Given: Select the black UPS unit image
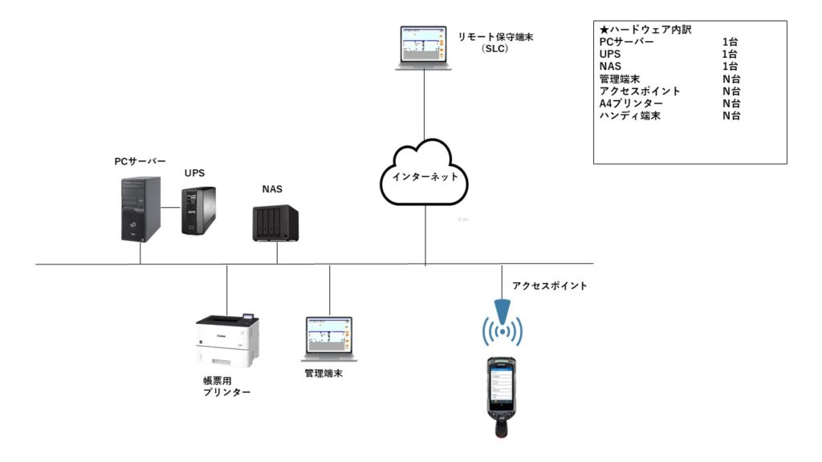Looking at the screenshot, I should (198, 210).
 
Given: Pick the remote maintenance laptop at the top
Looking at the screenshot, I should (424, 49).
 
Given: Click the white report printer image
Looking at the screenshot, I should (228, 339).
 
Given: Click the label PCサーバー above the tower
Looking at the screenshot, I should (140, 161).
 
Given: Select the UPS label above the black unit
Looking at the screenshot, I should (194, 173).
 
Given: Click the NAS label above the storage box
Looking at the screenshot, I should (271, 190).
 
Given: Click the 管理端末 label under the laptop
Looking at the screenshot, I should (324, 374).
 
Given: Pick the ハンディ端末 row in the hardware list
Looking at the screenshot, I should (630, 116).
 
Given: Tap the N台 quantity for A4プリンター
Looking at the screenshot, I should (730, 103).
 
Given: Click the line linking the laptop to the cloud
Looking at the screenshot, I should (424, 104).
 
